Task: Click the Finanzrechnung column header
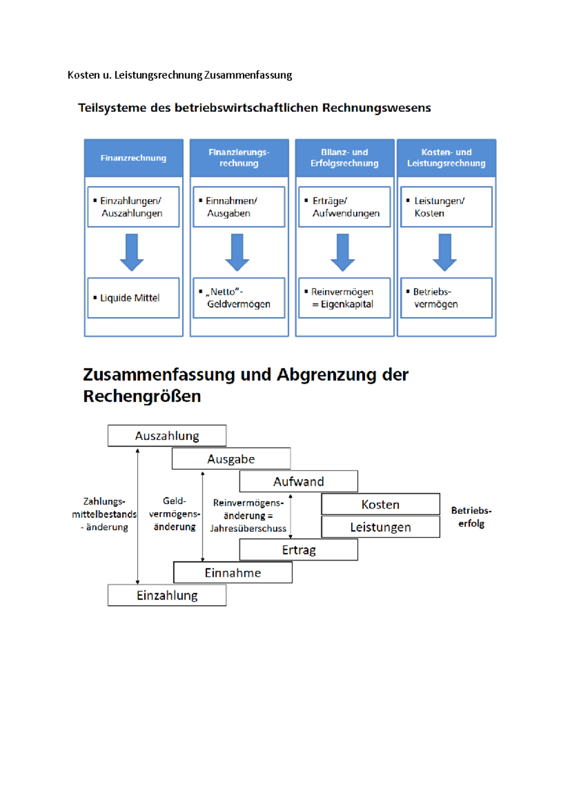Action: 133,158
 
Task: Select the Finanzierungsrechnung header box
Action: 239,158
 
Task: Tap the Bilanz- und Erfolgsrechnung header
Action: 344,158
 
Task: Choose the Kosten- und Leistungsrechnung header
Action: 446,158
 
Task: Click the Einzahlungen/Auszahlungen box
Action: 133,207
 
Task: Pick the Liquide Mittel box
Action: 133,298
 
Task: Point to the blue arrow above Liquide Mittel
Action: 132,252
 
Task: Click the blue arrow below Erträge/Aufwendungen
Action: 342,252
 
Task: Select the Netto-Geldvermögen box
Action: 239,298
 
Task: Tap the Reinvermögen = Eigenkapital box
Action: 344,298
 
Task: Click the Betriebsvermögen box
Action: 446,298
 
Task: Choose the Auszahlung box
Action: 167,436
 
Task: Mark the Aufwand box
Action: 298,481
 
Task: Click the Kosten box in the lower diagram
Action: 380,504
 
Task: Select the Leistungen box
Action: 380,527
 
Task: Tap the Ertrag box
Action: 298,550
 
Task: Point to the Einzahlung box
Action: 167,595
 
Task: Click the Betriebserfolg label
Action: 471,517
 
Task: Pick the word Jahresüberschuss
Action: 248,528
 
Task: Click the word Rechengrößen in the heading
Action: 142,396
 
